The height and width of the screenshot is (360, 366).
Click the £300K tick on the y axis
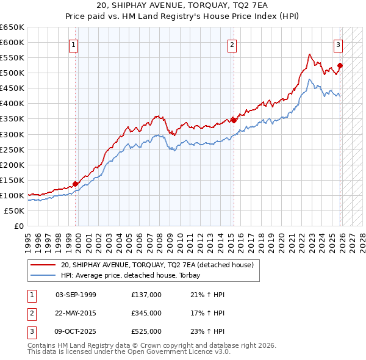[12, 134]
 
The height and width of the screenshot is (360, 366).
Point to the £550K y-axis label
[12, 57]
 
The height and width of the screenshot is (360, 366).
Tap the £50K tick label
[15, 211]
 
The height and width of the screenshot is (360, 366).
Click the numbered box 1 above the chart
[73, 44]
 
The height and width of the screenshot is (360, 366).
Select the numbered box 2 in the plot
[232, 44]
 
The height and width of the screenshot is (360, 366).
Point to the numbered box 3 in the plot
[338, 44]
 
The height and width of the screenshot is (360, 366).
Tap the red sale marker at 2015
[234, 120]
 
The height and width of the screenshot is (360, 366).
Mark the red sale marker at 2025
[340, 65]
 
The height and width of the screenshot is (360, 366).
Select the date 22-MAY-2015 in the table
[76, 313]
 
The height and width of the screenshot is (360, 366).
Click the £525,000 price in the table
[146, 331]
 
